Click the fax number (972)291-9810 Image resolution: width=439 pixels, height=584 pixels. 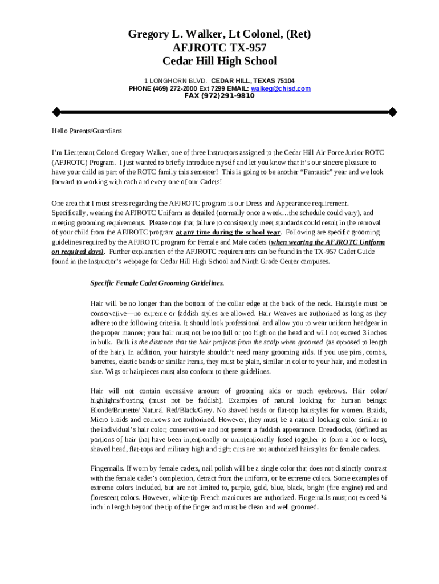click(x=219, y=95)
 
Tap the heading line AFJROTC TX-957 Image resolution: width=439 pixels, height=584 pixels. click(x=219, y=48)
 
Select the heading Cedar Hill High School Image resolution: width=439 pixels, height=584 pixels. click(x=219, y=62)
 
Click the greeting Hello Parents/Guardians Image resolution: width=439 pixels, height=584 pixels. click(x=87, y=131)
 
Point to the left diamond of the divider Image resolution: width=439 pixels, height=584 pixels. click(x=56, y=111)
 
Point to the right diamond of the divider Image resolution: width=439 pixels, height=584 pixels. click(x=392, y=111)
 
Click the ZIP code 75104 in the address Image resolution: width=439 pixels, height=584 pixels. click(x=284, y=81)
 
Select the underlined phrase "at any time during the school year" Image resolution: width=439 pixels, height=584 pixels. click(x=228, y=233)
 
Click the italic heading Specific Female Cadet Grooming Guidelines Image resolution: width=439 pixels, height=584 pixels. click(x=157, y=283)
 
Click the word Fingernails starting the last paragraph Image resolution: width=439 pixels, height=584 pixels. click(x=107, y=468)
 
